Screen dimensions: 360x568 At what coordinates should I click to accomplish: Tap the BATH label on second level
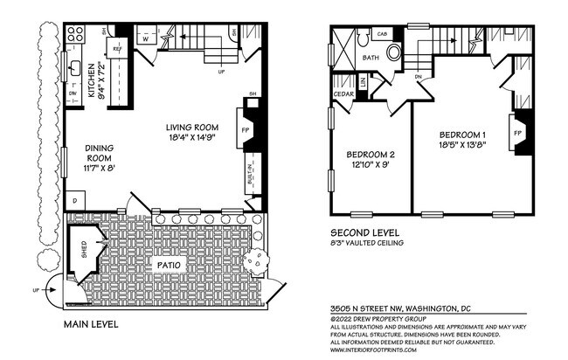[371, 58]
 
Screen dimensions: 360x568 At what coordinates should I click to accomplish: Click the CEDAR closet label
[343, 94]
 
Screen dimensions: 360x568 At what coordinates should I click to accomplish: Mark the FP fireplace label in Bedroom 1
[518, 134]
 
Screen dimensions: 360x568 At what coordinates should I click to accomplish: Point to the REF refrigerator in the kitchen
[116, 51]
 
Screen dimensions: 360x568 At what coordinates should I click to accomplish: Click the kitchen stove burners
[74, 36]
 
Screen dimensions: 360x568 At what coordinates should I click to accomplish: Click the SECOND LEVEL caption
[366, 233]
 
